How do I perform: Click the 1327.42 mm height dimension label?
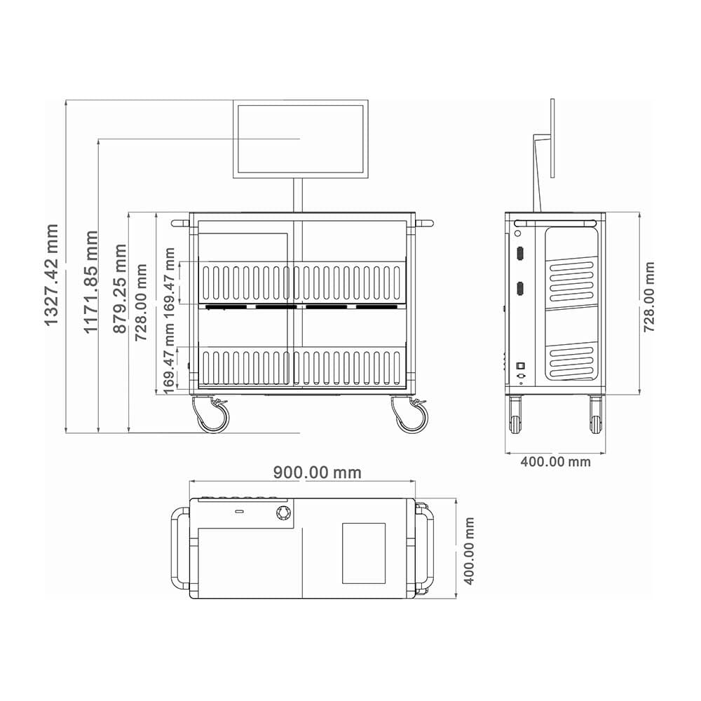[x=52, y=275]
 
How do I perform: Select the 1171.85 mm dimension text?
[x=90, y=282]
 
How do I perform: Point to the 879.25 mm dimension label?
[x=120, y=289]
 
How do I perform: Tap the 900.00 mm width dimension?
[x=317, y=472]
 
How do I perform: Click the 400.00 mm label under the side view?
[x=555, y=461]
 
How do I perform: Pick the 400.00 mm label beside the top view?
[x=468, y=551]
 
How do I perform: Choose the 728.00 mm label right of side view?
[x=648, y=297]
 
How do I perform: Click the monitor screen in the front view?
[x=301, y=139]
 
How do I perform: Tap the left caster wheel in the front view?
[x=212, y=415]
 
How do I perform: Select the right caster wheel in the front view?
[x=410, y=415]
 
